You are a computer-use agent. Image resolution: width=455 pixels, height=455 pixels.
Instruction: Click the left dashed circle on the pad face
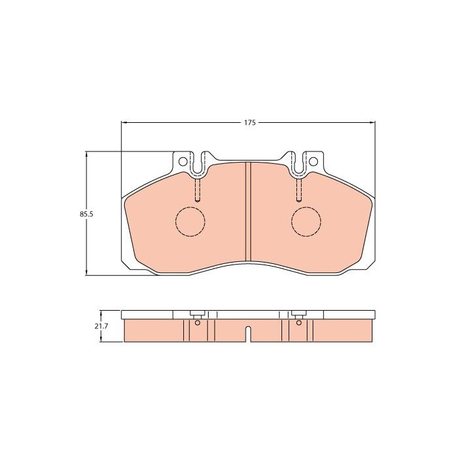point(190,221)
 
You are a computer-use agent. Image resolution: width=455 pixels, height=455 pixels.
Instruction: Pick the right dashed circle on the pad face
point(306,221)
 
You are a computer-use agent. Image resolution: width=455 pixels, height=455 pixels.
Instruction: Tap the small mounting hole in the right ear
point(313,161)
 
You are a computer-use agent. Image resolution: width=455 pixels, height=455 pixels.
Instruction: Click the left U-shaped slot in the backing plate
point(198,164)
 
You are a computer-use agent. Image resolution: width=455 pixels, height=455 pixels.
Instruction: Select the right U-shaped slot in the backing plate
point(298,164)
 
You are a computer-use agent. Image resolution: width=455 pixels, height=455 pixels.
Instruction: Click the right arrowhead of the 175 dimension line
point(373,122)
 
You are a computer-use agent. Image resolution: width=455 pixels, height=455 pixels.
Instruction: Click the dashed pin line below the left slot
point(198,190)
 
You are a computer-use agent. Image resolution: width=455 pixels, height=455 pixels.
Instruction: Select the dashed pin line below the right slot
point(298,190)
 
